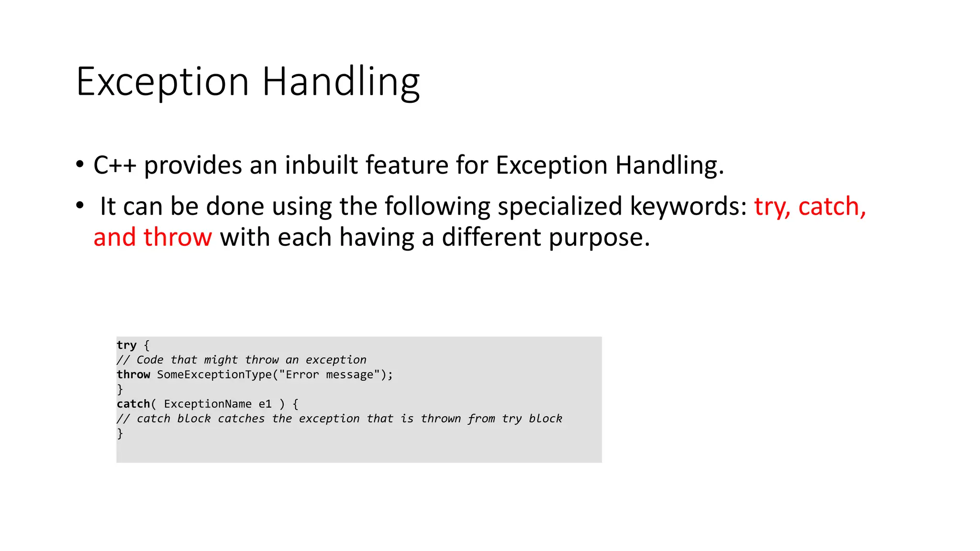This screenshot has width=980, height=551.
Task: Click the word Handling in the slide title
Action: click(x=341, y=82)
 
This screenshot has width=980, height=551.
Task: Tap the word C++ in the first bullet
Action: click(x=115, y=165)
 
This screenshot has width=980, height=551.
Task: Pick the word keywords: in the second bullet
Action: click(x=688, y=207)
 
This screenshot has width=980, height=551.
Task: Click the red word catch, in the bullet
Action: click(x=832, y=207)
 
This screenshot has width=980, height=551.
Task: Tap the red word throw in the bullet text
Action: click(x=178, y=237)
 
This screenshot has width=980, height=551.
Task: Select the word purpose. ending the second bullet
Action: click(x=600, y=238)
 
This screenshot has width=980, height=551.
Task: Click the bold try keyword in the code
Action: click(x=126, y=345)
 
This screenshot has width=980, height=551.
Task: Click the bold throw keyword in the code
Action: click(x=133, y=375)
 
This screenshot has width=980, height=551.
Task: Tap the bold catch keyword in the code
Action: click(x=133, y=404)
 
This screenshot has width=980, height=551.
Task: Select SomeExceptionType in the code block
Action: click(x=214, y=375)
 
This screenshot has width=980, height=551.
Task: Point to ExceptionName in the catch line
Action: click(x=208, y=404)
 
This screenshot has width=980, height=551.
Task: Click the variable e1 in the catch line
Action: click(x=265, y=404)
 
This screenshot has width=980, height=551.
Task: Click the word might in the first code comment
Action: click(x=221, y=360)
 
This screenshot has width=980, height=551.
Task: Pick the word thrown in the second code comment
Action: click(x=441, y=419)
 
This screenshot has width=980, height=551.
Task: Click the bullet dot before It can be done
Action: click(x=80, y=206)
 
